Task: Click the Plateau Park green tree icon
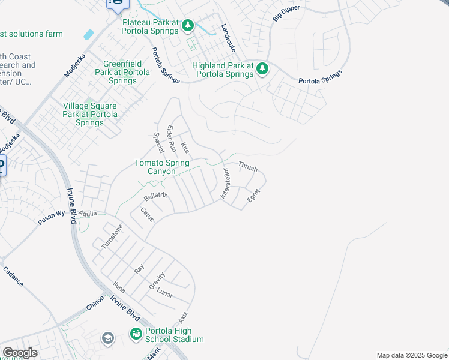point(188,25)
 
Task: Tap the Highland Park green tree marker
point(262,70)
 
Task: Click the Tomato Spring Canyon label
point(162,167)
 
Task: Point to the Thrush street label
point(248,166)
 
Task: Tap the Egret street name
point(253,196)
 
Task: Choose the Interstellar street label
point(226,184)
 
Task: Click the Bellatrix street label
point(155,196)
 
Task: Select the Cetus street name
point(147,215)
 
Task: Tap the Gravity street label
point(157,280)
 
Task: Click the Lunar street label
point(165,293)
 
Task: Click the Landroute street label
point(229,37)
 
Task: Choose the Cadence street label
point(13,277)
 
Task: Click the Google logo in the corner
point(20,353)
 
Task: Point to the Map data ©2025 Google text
point(412,355)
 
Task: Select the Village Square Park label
point(91,114)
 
